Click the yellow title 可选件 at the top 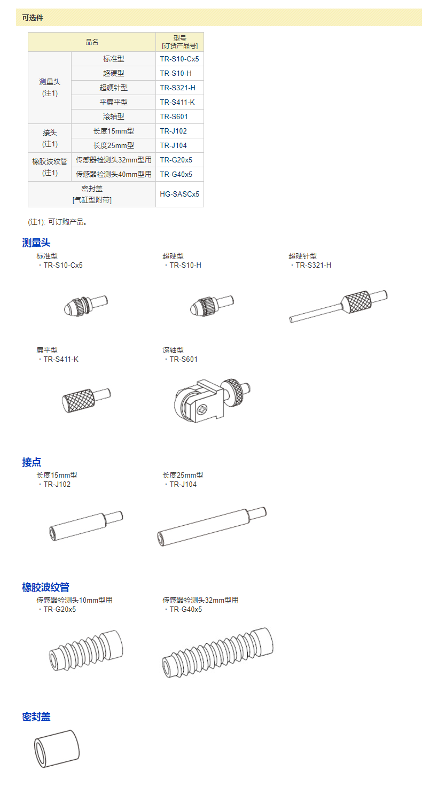(x=33, y=18)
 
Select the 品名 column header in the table (x=92, y=42)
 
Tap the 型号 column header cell (x=179, y=42)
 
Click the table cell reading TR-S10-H (x=179, y=73)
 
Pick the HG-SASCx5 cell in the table (x=179, y=194)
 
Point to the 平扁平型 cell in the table (x=113, y=102)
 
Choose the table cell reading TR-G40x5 (x=179, y=174)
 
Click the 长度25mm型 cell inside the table (x=113, y=145)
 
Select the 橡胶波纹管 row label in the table (x=50, y=167)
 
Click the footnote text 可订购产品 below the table (x=67, y=222)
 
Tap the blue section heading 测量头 (x=36, y=243)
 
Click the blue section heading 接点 (x=32, y=462)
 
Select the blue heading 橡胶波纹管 (x=45, y=587)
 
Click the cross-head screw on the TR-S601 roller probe (x=202, y=409)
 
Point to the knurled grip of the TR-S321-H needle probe (x=356, y=302)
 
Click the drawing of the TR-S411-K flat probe (x=87, y=400)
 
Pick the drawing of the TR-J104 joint (x=212, y=526)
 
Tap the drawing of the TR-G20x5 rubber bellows (x=86, y=650)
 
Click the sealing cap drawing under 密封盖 (x=57, y=749)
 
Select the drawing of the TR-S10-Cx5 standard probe (x=85, y=306)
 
